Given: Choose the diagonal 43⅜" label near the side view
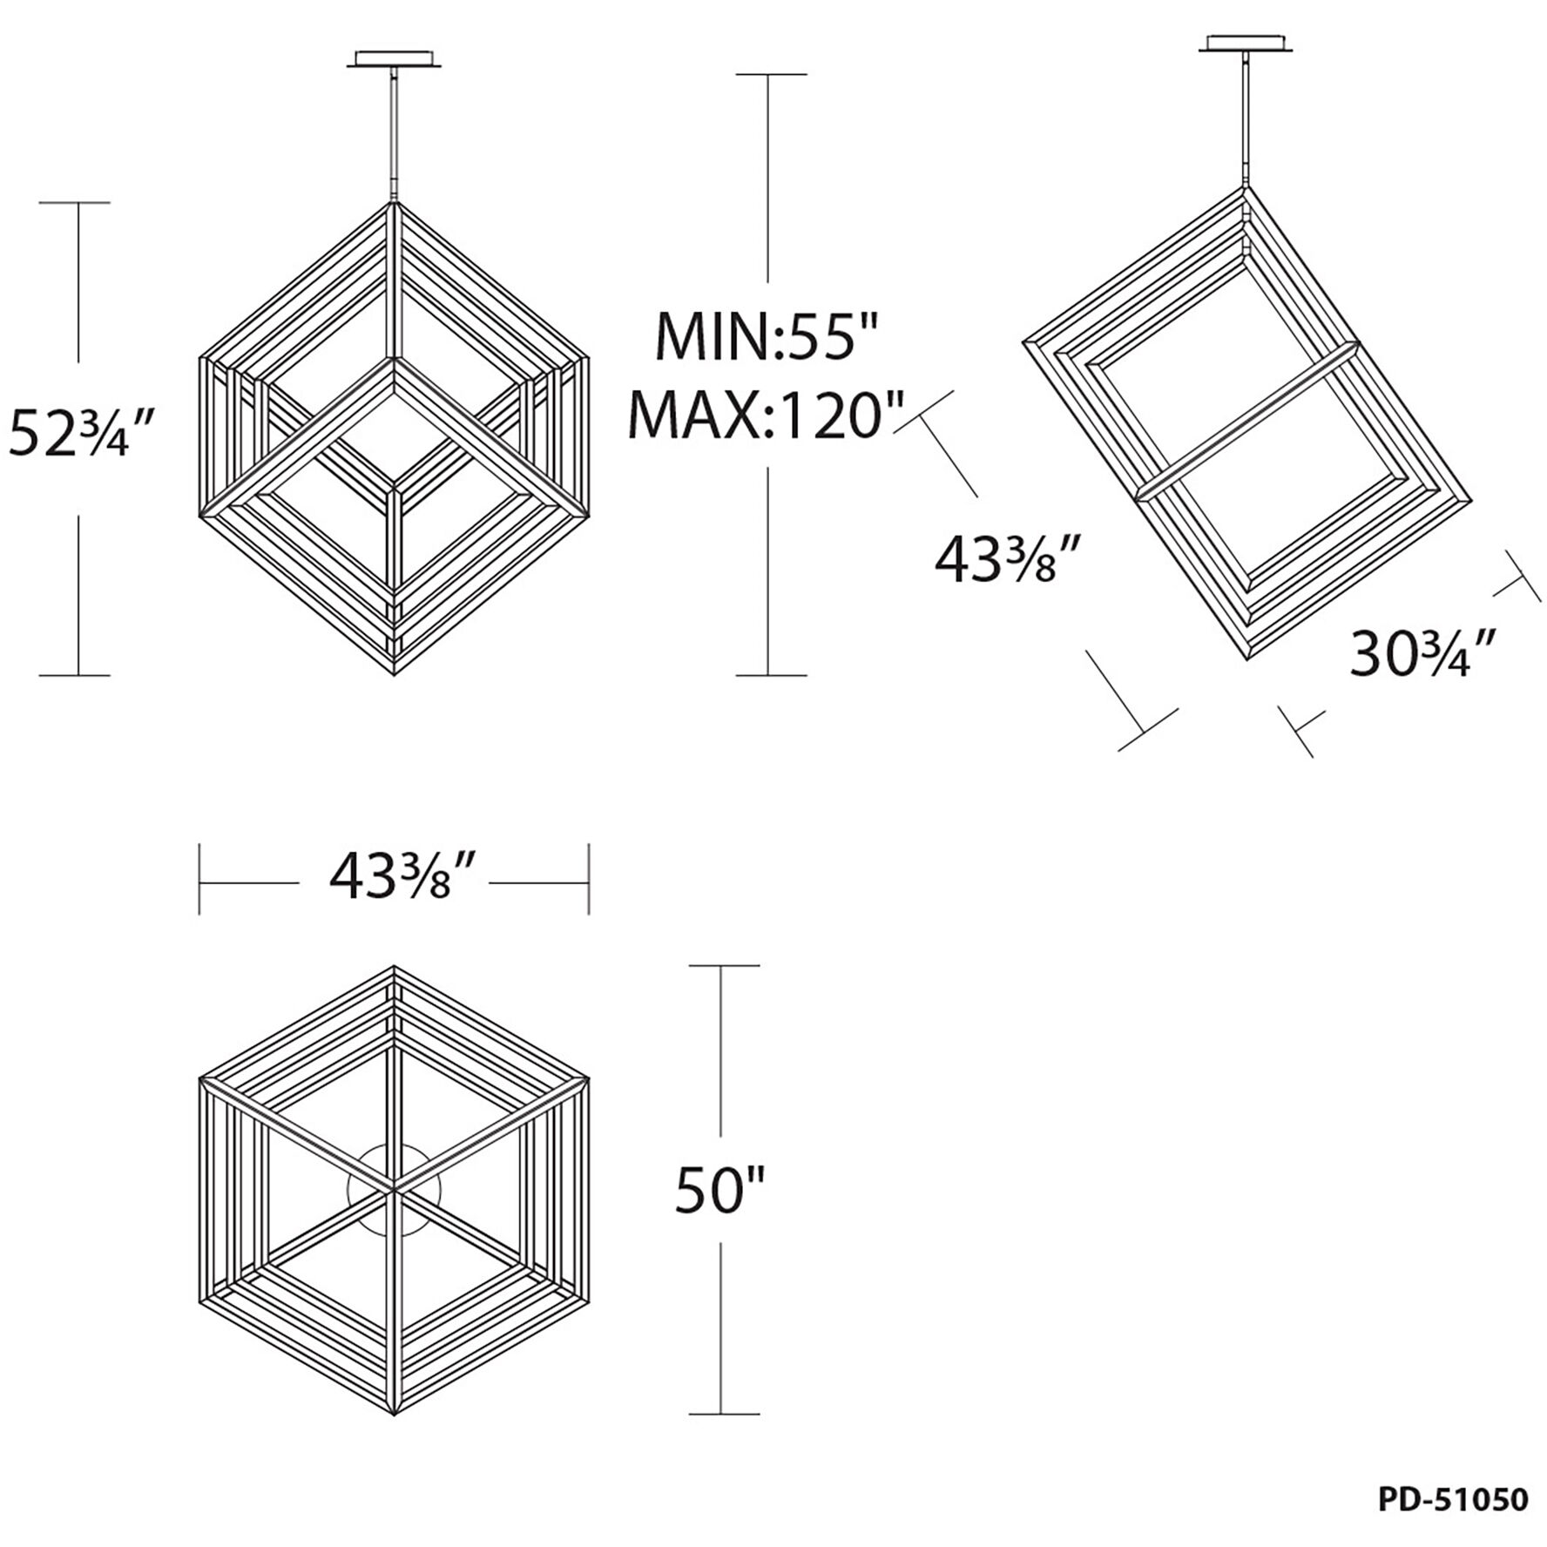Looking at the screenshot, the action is pos(1008,558).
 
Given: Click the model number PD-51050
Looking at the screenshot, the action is pos(1453,1499).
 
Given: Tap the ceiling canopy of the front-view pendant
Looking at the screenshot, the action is pos(396,57).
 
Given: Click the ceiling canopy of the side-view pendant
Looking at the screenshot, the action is pos(1246,43).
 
